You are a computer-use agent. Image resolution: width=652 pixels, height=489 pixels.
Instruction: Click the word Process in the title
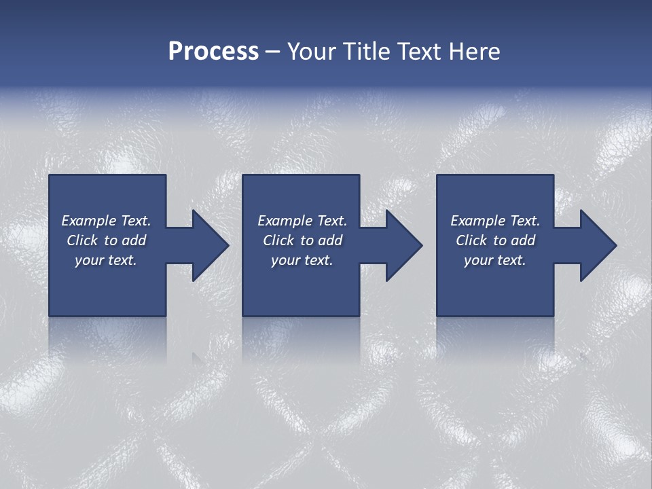(x=213, y=52)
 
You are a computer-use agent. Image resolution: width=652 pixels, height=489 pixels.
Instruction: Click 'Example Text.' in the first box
(x=106, y=221)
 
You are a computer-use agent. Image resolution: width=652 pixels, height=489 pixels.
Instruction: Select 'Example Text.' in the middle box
(x=302, y=221)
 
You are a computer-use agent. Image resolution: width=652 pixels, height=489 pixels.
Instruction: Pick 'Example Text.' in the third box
(x=495, y=221)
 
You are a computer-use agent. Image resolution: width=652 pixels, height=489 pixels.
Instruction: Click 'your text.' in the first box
(x=106, y=260)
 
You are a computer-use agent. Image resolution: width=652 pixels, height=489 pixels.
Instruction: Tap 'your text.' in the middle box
(x=302, y=260)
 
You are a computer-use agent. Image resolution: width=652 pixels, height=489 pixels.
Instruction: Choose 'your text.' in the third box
(x=495, y=260)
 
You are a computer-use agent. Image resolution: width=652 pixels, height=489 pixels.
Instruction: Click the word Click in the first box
(x=82, y=240)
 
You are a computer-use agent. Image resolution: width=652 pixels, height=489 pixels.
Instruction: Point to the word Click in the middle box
(x=278, y=240)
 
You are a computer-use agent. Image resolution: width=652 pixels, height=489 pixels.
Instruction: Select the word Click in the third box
(x=471, y=240)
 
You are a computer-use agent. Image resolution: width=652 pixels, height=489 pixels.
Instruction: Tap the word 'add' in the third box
(x=523, y=240)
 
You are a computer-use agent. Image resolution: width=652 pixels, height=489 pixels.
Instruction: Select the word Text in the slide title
(x=419, y=52)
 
